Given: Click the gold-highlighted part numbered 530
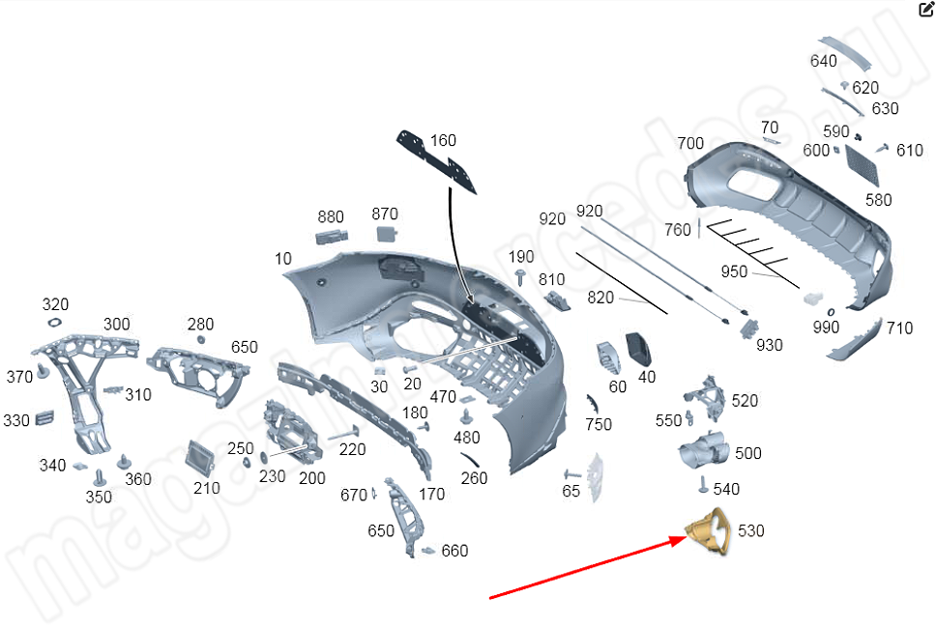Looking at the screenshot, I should click(707, 530).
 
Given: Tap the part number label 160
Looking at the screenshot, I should click(443, 141).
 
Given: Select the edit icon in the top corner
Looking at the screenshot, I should click(925, 10).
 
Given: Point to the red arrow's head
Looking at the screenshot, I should click(684, 540).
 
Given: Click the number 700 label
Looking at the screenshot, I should click(690, 144).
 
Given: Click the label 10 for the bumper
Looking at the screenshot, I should click(283, 259).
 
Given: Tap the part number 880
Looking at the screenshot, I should click(331, 216).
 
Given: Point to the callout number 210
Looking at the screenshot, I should click(206, 488).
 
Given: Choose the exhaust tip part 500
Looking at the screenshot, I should click(703, 452).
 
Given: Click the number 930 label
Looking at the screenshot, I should click(770, 345).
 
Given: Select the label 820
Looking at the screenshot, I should click(600, 298).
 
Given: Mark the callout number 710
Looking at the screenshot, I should click(899, 328).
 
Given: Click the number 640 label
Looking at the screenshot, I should click(823, 61).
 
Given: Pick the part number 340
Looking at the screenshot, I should click(52, 466).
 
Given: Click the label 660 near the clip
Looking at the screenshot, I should click(454, 551).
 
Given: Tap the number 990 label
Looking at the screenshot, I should click(826, 328).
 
